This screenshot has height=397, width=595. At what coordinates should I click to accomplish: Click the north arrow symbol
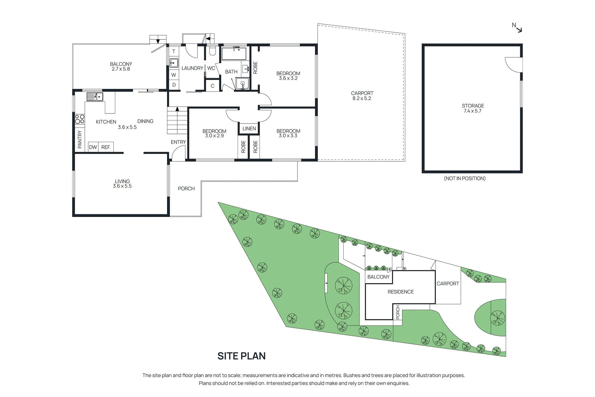coord(518,28)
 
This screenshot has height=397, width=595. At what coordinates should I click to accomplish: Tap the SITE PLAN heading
coord(241,356)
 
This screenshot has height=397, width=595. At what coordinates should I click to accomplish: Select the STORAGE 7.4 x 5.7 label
coord(473,108)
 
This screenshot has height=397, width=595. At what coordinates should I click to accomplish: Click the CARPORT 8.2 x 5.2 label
coord(362,96)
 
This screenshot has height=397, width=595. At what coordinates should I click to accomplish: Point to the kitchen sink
coord(94,97)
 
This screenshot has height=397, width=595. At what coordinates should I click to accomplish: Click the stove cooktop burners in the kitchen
coord(80,119)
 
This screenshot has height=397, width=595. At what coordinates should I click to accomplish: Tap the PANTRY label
coord(80,139)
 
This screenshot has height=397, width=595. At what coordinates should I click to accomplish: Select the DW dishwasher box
coord(93,147)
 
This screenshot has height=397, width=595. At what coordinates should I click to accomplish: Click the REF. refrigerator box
coord(106,147)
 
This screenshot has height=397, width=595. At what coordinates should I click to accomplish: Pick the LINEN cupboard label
coord(249,129)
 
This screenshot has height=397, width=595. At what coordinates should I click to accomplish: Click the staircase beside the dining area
coord(177,121)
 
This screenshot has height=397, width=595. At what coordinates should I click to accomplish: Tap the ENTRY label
coord(178,142)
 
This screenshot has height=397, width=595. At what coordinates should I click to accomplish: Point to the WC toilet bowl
coord(212,51)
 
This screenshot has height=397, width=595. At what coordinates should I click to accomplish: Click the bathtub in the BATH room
coord(234,54)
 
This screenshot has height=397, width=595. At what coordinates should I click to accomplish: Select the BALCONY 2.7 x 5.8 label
coord(121,66)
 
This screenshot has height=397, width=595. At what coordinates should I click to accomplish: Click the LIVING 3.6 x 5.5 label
coord(122,184)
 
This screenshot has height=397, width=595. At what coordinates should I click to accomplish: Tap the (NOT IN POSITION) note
coord(464,179)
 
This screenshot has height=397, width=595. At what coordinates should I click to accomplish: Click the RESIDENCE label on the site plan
coord(401,292)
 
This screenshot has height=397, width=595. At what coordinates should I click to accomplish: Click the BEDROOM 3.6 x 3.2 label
coord(288,76)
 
